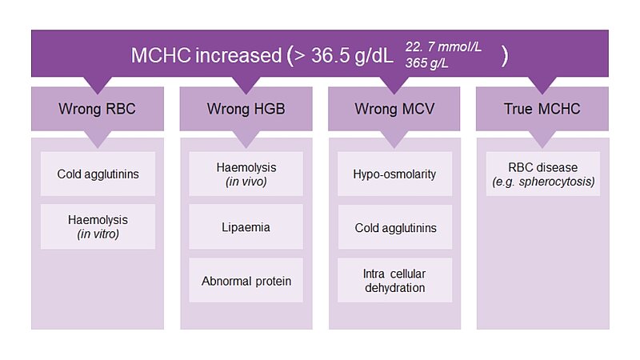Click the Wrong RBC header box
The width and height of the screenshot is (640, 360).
[98, 109]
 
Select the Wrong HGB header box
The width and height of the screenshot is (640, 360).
[246, 109]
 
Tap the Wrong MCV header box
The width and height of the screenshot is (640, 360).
[394, 109]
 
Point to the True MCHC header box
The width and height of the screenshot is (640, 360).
[542, 109]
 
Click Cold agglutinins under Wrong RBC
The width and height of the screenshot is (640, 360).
[98, 174]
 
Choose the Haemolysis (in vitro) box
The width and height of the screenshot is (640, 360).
[98, 226]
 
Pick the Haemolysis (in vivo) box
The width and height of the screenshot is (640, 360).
[246, 174]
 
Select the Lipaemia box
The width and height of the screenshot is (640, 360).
[246, 227]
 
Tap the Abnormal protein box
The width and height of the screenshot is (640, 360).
[246, 281]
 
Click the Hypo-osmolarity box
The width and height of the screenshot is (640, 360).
[394, 174]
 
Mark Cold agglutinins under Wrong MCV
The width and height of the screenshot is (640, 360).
[395, 227]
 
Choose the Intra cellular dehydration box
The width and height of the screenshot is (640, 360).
[394, 281]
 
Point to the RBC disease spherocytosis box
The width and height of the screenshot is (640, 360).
[543, 174]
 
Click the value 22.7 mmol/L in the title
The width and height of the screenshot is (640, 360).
[443, 47]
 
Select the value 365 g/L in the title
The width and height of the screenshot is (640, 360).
[426, 63]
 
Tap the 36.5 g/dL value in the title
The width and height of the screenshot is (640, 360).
[352, 55]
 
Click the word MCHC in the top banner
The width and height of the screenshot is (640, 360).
[161, 55]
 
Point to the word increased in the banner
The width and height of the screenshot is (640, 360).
[238, 55]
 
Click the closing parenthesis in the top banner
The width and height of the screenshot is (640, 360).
[505, 56]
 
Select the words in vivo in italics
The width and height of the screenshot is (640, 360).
[246, 182]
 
